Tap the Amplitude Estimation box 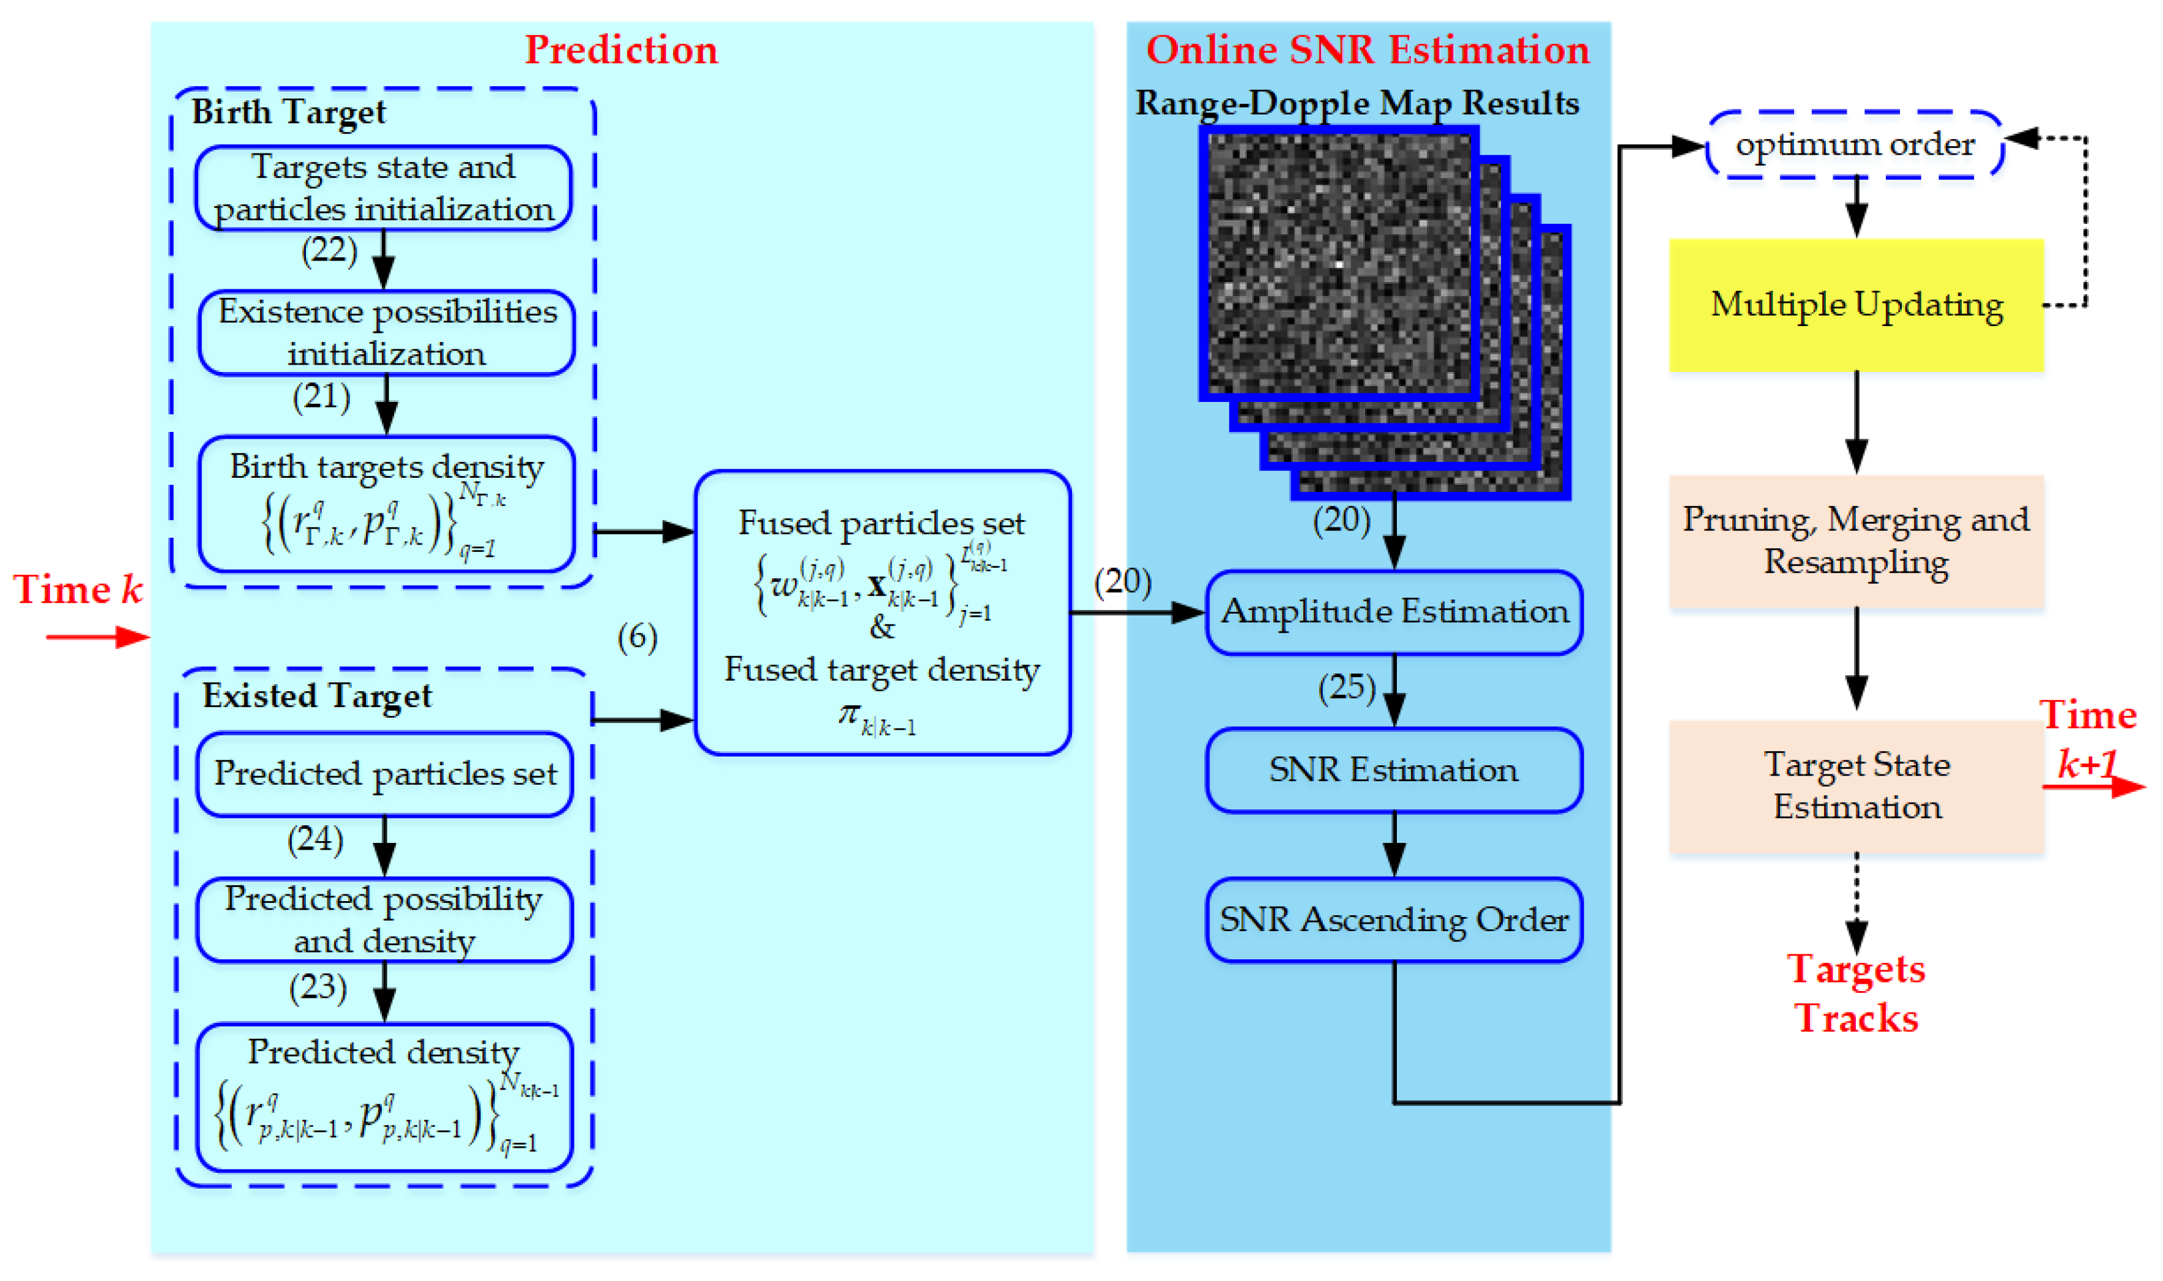pos(1393,612)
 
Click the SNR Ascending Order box pos(1393,920)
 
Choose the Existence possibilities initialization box pos(386,332)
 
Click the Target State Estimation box pos(1856,786)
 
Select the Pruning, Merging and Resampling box pos(1856,541)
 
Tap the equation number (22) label pos(329,250)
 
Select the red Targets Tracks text pos(1856,993)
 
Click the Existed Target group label pos(317,696)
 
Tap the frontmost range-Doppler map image pos(1338,263)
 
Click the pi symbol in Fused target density pos(849,713)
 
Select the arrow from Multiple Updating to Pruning pos(1856,423)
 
